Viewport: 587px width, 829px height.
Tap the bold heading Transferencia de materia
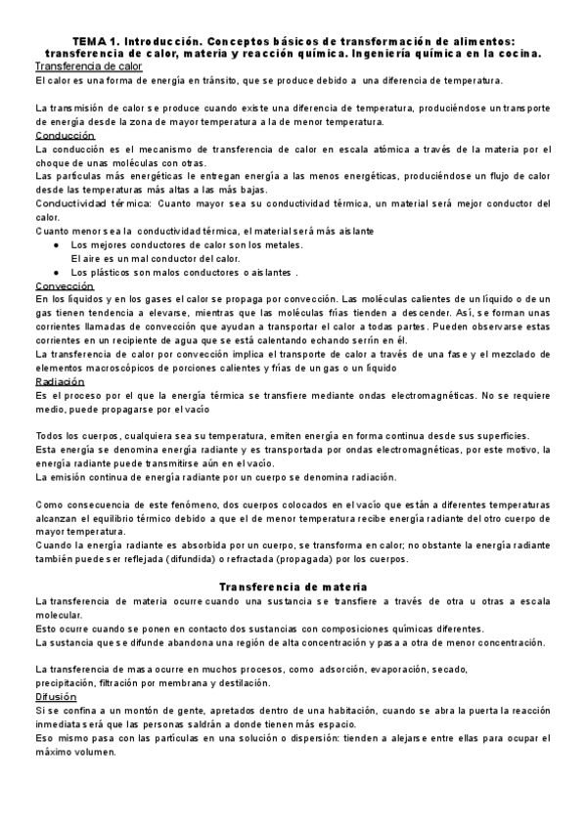[293, 587]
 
